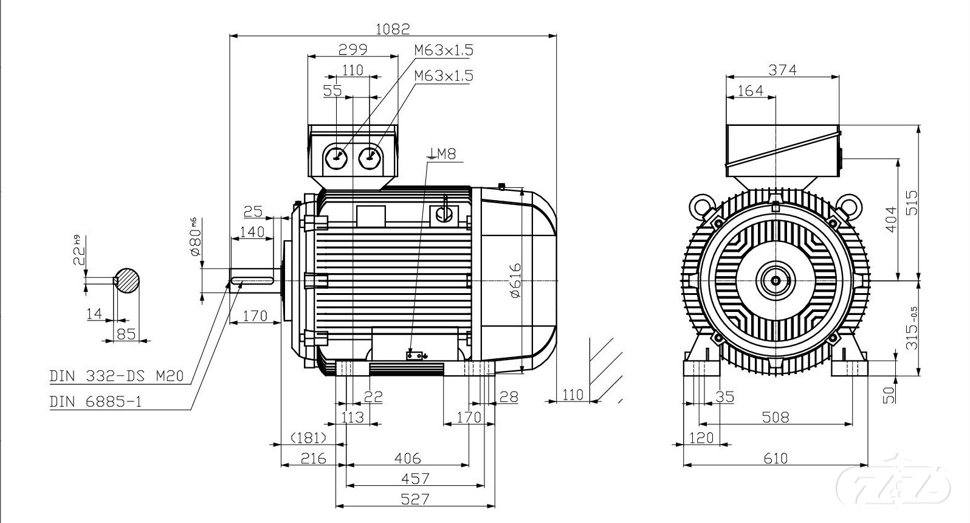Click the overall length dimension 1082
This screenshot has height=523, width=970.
pyautogui.click(x=393, y=28)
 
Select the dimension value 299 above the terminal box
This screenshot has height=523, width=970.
pyautogui.click(x=353, y=49)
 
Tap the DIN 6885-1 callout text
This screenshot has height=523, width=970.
pyautogui.click(x=95, y=401)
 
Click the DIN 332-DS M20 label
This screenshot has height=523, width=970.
pyautogui.click(x=115, y=376)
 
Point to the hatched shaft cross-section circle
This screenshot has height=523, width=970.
pyautogui.click(x=128, y=280)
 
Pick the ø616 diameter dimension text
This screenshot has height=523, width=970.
pyautogui.click(x=515, y=280)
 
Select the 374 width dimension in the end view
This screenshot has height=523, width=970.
pyautogui.click(x=783, y=70)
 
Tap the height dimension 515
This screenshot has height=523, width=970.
pyautogui.click(x=912, y=203)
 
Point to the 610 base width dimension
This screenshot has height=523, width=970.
pyautogui.click(x=776, y=458)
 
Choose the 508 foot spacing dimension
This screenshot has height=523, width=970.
pyautogui.click(x=776, y=417)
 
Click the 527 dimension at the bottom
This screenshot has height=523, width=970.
pyautogui.click(x=416, y=499)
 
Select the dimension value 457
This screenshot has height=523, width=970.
pyautogui.click(x=416, y=479)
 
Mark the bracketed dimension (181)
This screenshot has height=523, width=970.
pyautogui.click(x=309, y=438)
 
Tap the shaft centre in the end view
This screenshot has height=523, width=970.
pyautogui.click(x=776, y=280)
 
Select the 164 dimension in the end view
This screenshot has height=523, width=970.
pyautogui.click(x=750, y=91)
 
